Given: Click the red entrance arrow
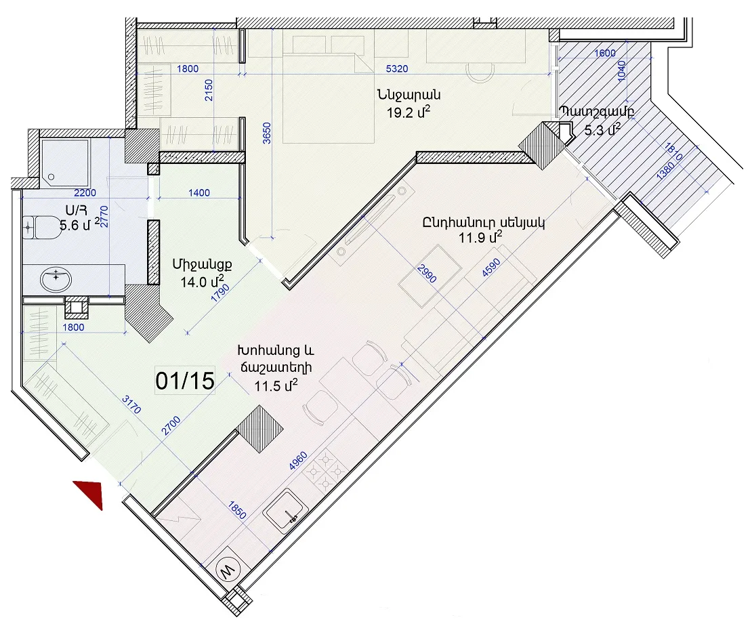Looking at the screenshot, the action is click(x=92, y=492).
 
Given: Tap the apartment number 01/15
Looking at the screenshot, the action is click(x=185, y=381).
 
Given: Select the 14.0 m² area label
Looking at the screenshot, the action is click(x=202, y=281).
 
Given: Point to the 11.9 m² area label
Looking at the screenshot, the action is click(x=480, y=236).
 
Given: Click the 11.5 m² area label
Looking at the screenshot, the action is click(x=276, y=385).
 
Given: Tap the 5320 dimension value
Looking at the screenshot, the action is click(x=397, y=68).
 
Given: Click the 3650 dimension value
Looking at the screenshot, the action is click(x=267, y=133).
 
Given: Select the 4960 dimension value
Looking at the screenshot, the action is click(x=298, y=461).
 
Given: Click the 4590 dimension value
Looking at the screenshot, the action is click(x=492, y=268).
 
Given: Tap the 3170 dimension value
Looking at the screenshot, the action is click(x=131, y=404).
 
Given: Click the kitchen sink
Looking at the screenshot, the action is click(x=286, y=511).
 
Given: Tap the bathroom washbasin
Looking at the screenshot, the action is click(x=56, y=278).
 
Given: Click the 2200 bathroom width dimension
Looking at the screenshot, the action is click(x=85, y=193).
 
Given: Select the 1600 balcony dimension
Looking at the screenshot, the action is click(x=605, y=53).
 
